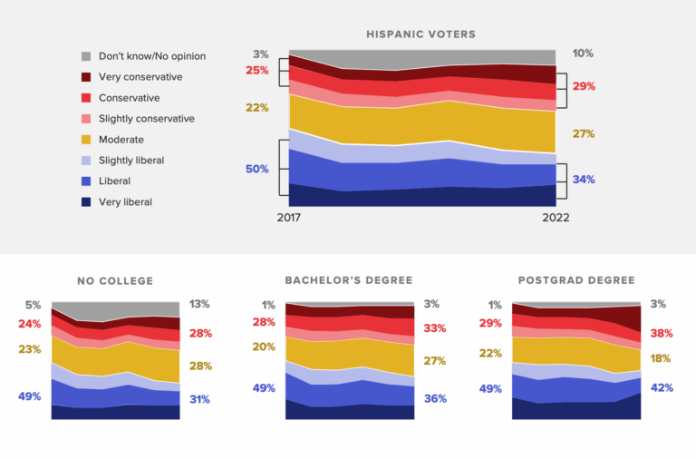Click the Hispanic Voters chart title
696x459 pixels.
point(420,34)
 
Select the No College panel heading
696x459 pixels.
point(115,281)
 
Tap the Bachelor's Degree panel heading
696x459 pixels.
point(350,281)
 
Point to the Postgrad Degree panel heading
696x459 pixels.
point(576,281)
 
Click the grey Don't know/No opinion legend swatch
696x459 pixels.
point(87,56)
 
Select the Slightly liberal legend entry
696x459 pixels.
point(131,161)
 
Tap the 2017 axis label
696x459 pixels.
point(288,218)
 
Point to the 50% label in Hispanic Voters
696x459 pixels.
point(256,169)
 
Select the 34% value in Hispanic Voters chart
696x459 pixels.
point(584,180)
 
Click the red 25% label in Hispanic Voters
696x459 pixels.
point(256,71)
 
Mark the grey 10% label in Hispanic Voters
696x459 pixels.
point(583,54)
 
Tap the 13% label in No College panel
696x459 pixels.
point(199,305)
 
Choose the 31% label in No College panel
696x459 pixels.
point(199,399)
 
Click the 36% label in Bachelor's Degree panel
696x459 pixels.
point(435,398)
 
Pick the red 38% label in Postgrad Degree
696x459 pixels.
point(661,333)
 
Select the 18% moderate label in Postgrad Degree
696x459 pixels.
point(661,358)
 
